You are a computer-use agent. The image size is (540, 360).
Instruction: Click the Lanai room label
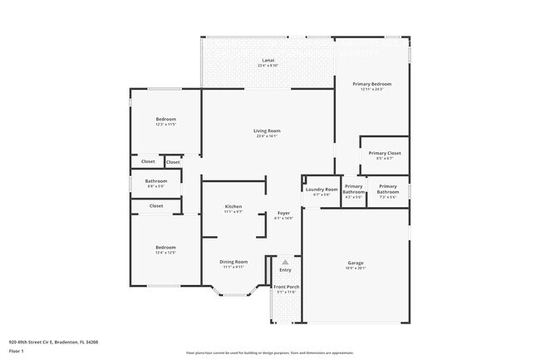[268, 61]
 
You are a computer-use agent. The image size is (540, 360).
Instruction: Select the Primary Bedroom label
[371, 84]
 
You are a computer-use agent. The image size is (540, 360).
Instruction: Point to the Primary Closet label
[385, 153]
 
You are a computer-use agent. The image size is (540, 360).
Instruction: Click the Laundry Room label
[322, 190]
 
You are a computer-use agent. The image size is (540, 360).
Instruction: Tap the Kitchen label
[233, 207]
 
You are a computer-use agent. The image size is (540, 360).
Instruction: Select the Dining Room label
[233, 262]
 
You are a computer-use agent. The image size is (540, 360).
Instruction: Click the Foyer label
[283, 213]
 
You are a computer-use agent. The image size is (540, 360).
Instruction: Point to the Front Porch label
[286, 287]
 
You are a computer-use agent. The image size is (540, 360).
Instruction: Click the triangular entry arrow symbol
[285, 262]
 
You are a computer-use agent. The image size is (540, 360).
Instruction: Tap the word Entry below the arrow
[285, 269]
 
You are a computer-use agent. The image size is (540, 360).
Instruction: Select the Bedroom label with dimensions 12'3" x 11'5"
[166, 119]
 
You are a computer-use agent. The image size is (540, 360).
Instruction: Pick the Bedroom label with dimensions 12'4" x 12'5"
[165, 247]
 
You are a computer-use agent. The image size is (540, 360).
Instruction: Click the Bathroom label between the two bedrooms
[156, 181]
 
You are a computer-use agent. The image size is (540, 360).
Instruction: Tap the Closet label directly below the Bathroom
[156, 205]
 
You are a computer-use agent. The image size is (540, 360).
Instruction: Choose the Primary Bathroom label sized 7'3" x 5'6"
[387, 189]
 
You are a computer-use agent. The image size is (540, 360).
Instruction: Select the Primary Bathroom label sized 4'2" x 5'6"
[354, 189]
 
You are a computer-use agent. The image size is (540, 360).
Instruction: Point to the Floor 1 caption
[17, 351]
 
